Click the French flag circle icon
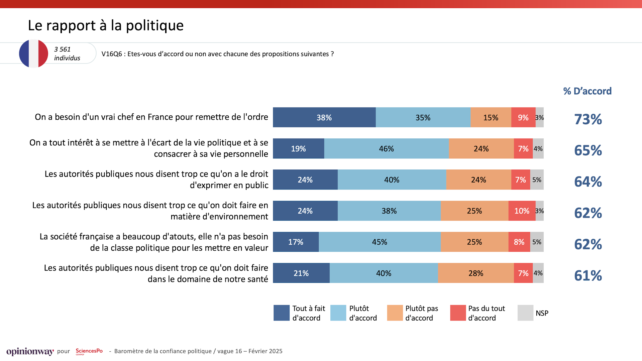[x=33, y=53]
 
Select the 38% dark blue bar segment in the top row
[x=324, y=117]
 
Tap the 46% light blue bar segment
[x=386, y=148]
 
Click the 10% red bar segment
[x=522, y=211]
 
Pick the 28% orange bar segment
[x=475, y=273]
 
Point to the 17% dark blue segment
[x=296, y=242]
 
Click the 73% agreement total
[x=588, y=119]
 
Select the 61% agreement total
[x=588, y=276]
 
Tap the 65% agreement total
[x=588, y=150]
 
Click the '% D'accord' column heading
[x=587, y=91]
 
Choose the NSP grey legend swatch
[x=525, y=313]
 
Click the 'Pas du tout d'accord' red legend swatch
[x=458, y=313]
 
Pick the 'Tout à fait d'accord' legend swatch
[x=281, y=313]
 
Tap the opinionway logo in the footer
[x=30, y=351]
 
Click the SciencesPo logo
[x=89, y=351]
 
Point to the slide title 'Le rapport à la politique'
[x=106, y=25]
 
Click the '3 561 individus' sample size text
[x=67, y=53]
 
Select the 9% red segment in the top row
[x=523, y=117]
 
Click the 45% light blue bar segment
[x=380, y=242]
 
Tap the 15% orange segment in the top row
[x=491, y=117]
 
